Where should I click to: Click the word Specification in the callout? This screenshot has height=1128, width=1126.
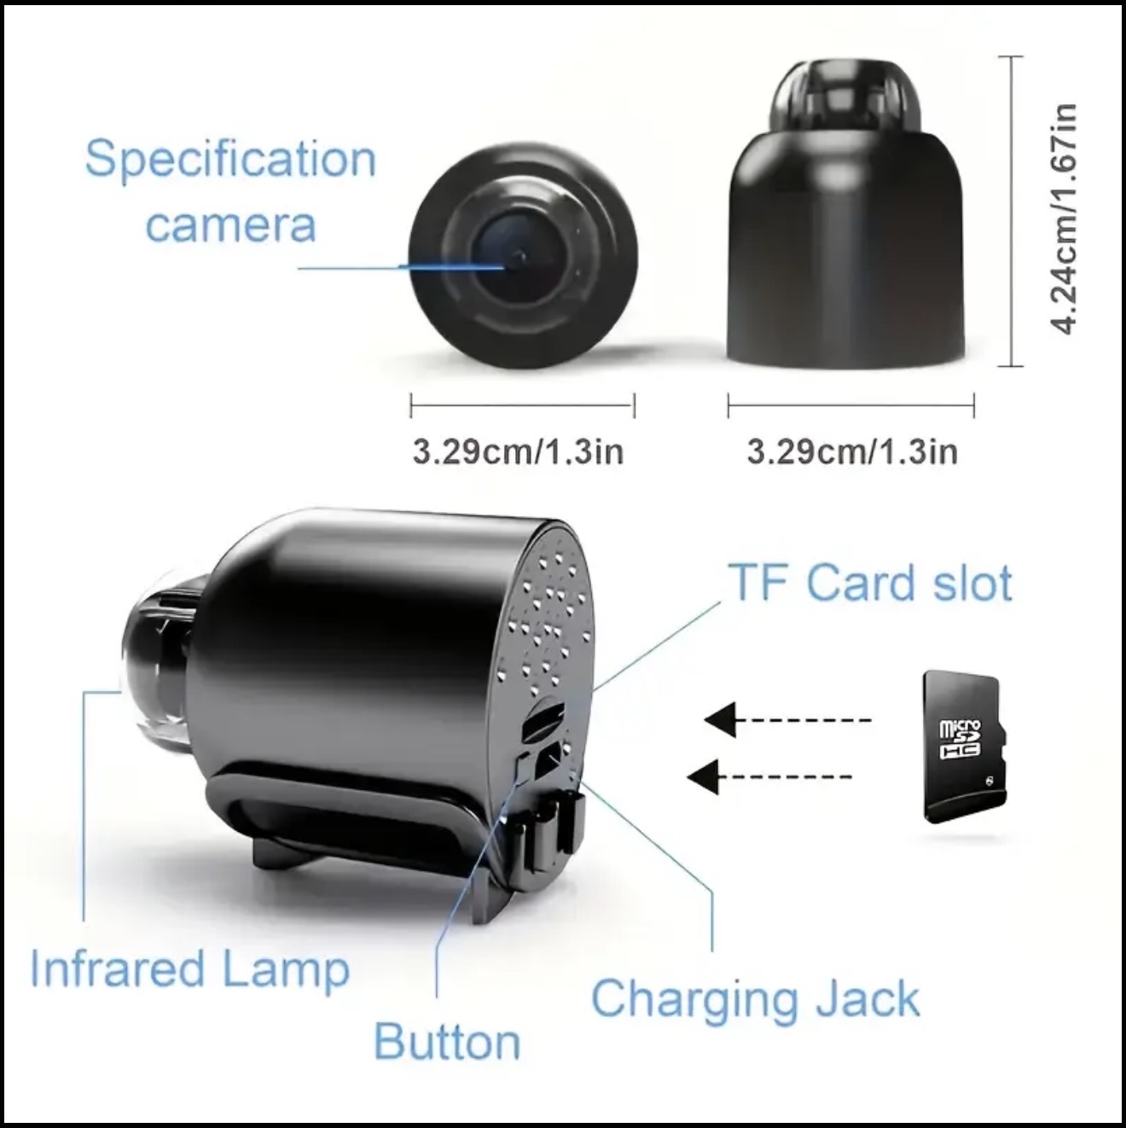230,160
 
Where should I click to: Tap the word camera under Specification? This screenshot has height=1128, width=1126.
230,225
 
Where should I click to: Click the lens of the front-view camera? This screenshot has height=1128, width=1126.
514,263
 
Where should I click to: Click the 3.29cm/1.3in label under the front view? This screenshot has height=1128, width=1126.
518,452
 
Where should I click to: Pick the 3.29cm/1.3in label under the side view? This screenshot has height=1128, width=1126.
853,452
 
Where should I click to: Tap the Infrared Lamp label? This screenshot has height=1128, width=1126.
190,969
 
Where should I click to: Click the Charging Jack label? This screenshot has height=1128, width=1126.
756,1000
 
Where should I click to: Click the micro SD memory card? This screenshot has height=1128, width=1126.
965,747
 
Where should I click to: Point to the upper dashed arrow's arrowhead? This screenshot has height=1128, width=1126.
720,719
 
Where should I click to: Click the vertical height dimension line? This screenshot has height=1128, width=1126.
1010,212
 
